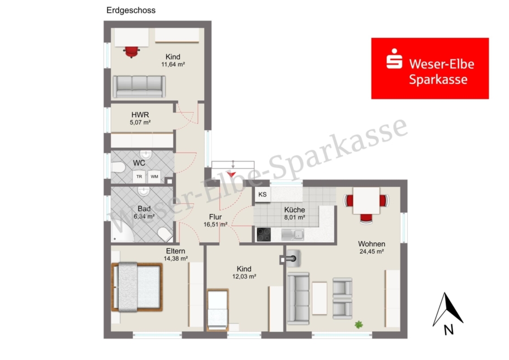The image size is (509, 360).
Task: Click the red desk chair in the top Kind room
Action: pyautogui.click(x=131, y=52)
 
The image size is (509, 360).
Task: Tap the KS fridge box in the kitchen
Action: pyautogui.click(x=262, y=194)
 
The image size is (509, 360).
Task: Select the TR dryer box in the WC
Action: pyautogui.click(x=139, y=177)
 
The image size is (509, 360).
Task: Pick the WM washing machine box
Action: pyautogui.click(x=154, y=177)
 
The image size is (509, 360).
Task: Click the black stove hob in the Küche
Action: pyautogui.click(x=264, y=234)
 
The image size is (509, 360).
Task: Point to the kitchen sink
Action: pyautogui.click(x=293, y=234)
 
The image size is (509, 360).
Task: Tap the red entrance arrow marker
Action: pyautogui.click(x=231, y=174)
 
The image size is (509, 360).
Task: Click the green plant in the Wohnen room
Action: pyautogui.click(x=359, y=324)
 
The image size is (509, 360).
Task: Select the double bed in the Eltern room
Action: pyautogui.click(x=137, y=287)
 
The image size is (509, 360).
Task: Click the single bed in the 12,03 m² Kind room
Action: pyautogui.click(x=218, y=309)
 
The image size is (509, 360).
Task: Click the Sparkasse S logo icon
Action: pyautogui.click(x=394, y=59)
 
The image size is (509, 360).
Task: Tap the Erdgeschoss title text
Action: pyautogui.click(x=131, y=10)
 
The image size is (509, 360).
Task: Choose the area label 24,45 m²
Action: pyautogui.click(x=372, y=251)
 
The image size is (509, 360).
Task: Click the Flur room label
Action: pyautogui.click(x=215, y=217)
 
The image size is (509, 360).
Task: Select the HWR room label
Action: pyautogui.click(x=140, y=115)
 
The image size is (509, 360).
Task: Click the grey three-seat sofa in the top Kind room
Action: pyautogui.click(x=139, y=87)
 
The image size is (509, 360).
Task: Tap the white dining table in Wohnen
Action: pyautogui.click(x=366, y=200)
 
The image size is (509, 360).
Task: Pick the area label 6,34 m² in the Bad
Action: pyautogui.click(x=144, y=216)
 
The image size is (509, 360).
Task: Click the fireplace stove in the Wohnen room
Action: pyautogui.click(x=292, y=259)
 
